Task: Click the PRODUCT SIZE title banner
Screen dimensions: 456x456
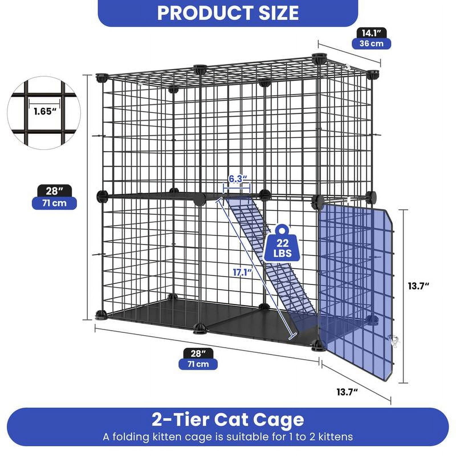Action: pyautogui.click(x=228, y=13)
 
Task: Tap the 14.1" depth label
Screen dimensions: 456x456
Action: pyautogui.click(x=371, y=33)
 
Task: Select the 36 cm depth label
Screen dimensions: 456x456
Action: pyautogui.click(x=371, y=44)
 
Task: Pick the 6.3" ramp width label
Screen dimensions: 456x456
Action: pyautogui.click(x=237, y=179)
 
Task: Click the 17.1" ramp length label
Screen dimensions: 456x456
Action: pyautogui.click(x=243, y=272)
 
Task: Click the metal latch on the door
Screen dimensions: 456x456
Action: pyautogui.click(x=394, y=340)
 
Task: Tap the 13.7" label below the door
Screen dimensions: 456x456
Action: pyautogui.click(x=347, y=392)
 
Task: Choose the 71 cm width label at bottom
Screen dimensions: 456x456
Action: pyautogui.click(x=198, y=364)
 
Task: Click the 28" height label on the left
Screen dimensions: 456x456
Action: pyautogui.click(x=54, y=191)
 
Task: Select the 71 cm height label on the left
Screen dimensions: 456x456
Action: pyautogui.click(x=54, y=203)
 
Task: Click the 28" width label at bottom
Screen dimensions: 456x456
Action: pyautogui.click(x=198, y=353)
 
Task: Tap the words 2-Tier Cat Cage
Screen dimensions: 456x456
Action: pyautogui.click(x=228, y=420)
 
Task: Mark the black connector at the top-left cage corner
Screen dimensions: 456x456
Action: pyautogui.click(x=101, y=77)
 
